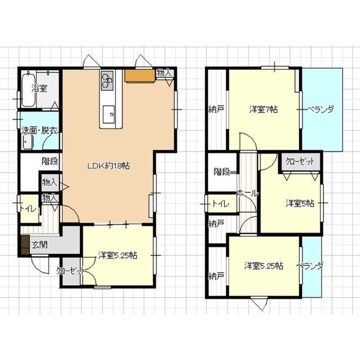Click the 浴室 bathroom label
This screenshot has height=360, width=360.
point(39,88)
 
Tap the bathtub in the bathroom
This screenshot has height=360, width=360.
point(29,89)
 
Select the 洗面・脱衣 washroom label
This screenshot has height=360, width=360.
point(39,130)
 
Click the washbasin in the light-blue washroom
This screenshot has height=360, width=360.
point(28,142)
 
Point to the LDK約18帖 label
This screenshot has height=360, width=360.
point(109,165)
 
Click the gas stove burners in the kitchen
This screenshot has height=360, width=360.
point(107,80)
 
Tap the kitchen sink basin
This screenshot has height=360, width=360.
point(109,114)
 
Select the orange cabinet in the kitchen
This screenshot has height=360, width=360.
point(139,75)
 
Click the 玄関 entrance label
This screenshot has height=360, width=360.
point(39,245)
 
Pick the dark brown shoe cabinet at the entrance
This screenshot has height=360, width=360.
point(25,245)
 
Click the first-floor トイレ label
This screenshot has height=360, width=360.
point(28,209)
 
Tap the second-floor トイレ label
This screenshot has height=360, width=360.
point(220,204)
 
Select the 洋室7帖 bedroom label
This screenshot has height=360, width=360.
point(263,109)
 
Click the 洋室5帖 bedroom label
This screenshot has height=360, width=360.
point(300,204)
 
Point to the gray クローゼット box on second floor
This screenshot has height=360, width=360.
point(300,161)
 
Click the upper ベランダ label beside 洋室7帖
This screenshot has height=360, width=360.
point(320,109)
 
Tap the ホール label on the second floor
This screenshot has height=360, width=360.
point(247,193)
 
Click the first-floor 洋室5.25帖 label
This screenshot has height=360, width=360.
point(118,255)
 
